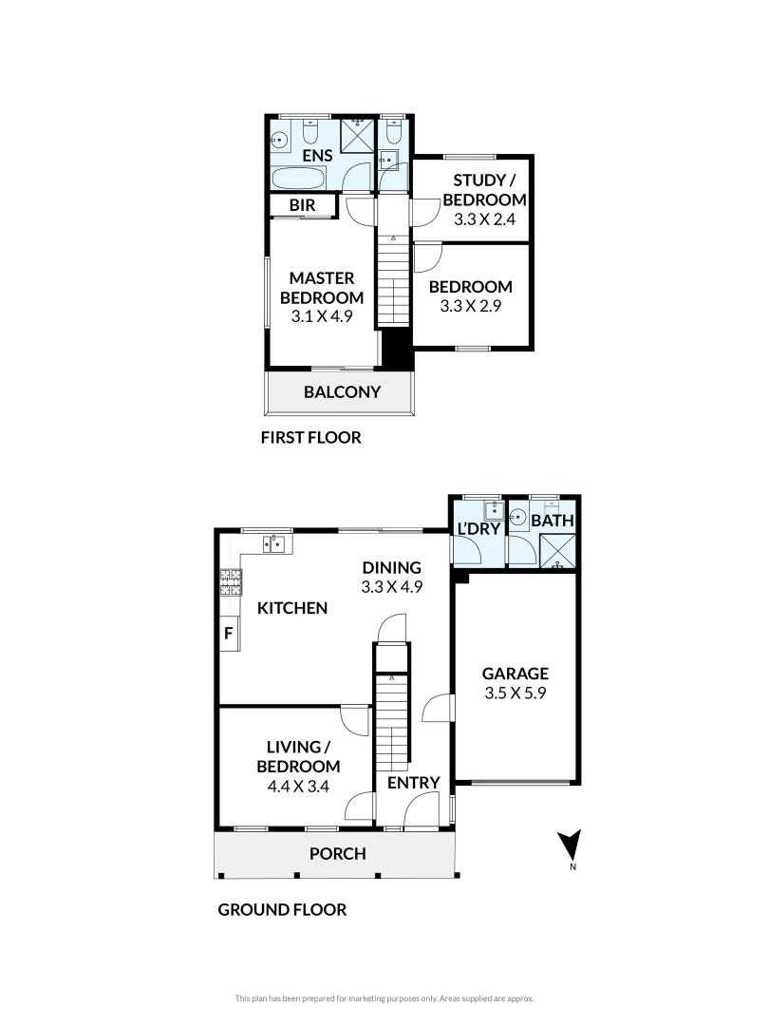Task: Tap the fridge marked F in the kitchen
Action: click(x=228, y=633)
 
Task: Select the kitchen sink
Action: click(x=272, y=543)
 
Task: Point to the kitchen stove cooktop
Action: click(x=230, y=581)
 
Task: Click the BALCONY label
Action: click(x=342, y=391)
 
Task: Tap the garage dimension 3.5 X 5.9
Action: click(x=514, y=693)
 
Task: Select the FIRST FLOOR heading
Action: click(x=310, y=438)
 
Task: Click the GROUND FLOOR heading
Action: click(x=282, y=909)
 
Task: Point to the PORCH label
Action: click(x=338, y=853)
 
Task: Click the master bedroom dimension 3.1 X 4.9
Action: click(x=322, y=316)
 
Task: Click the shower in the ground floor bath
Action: click(x=554, y=551)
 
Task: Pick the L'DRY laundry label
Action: click(x=478, y=529)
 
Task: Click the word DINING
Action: click(x=391, y=568)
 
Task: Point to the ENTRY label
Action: click(x=414, y=783)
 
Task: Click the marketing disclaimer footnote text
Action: click(x=384, y=997)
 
